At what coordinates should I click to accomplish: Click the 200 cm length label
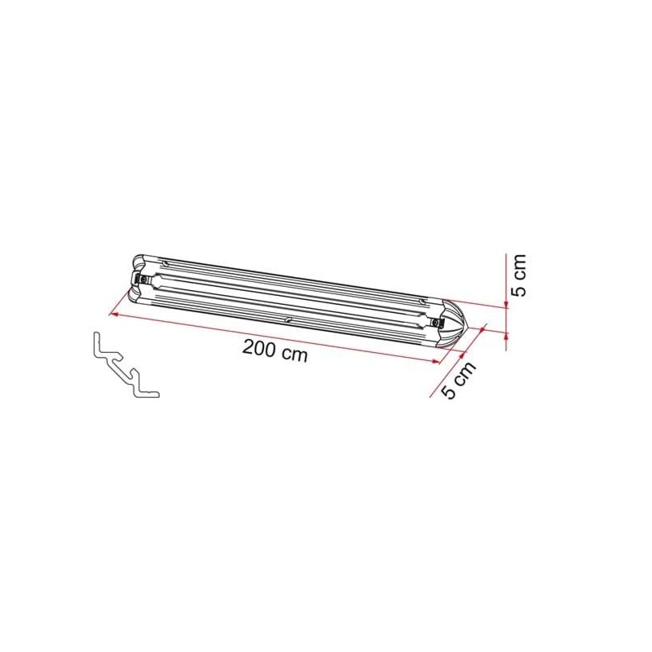point(275,351)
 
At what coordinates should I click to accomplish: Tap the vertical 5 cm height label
point(519,275)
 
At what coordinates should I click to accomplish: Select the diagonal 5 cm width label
point(459,380)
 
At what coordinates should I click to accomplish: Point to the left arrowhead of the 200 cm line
point(112,314)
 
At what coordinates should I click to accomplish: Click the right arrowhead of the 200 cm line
point(436,361)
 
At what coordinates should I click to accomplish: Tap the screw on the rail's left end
point(143,280)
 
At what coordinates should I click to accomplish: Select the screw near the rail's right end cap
point(436,322)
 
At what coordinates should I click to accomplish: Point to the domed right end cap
point(455,322)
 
